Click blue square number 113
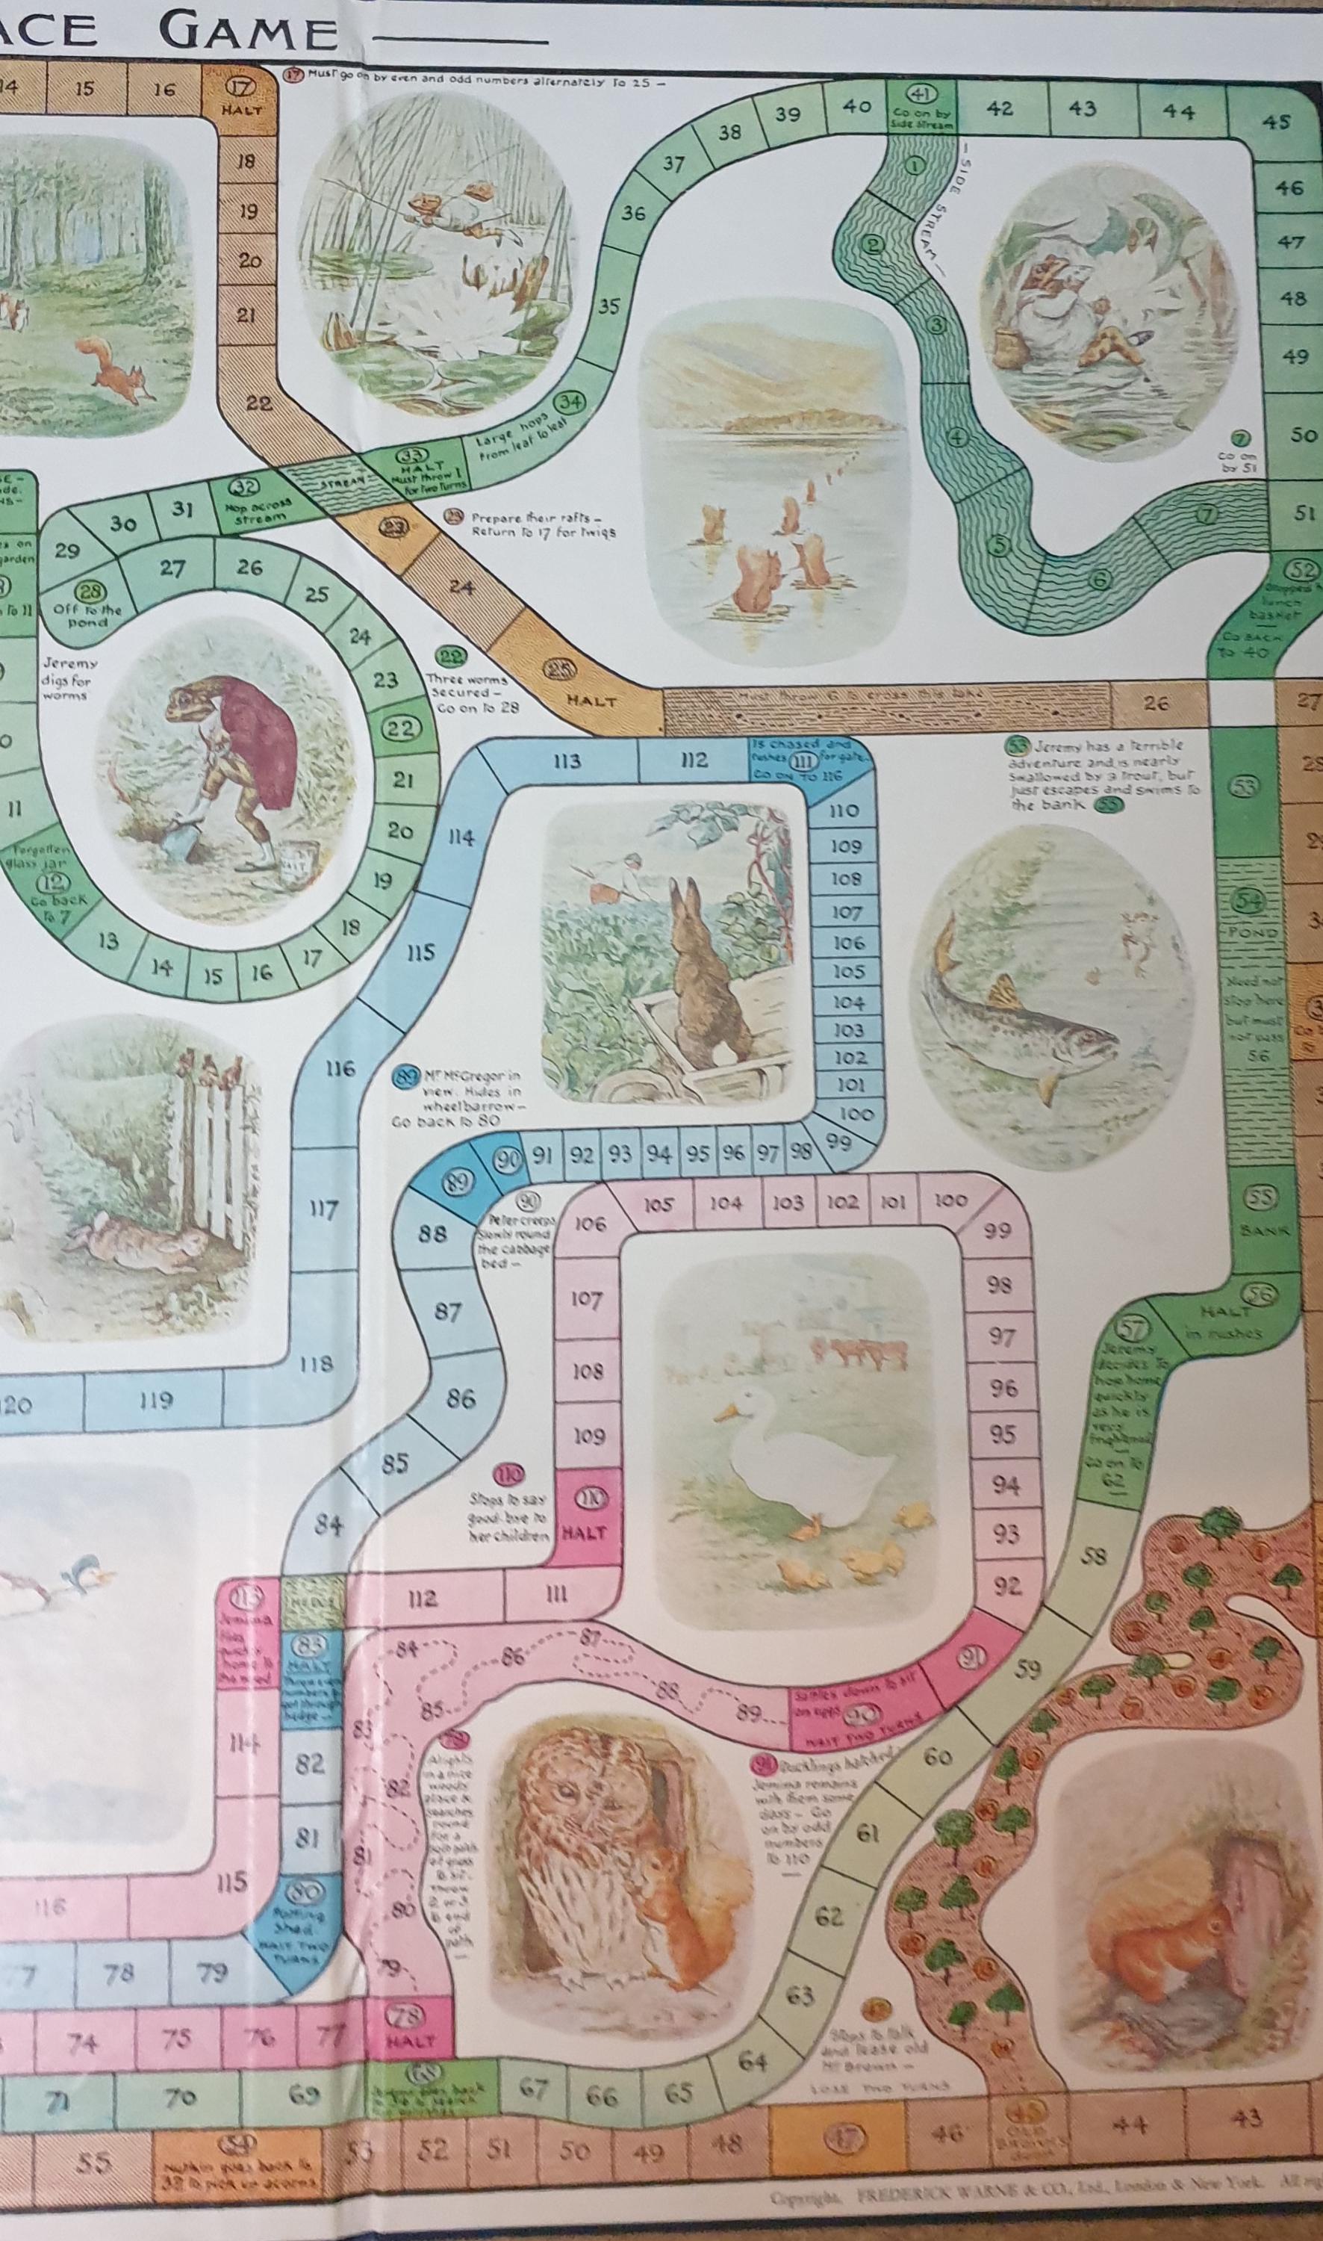click(566, 760)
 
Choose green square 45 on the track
click(1276, 121)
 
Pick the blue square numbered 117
click(322, 1210)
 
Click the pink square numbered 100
click(950, 1200)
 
